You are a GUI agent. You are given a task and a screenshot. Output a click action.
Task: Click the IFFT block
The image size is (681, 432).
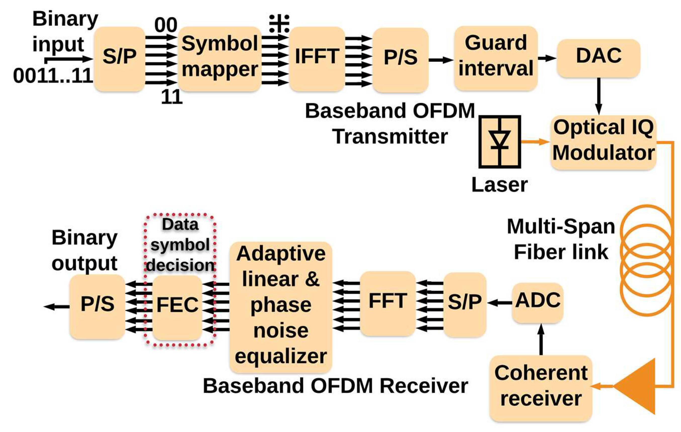[x=317, y=59]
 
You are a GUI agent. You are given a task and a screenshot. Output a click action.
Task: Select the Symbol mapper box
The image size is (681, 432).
[x=220, y=59]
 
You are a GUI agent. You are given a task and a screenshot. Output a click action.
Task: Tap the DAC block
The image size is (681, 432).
[x=598, y=58]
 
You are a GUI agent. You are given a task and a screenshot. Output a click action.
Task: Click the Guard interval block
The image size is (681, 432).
[x=495, y=58]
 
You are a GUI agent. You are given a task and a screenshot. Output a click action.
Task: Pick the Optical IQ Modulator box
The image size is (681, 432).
[x=603, y=142]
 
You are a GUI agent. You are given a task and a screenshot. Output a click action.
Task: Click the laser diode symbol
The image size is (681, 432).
[x=499, y=141]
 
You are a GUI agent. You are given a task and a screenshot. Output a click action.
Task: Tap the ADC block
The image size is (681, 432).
[x=537, y=302]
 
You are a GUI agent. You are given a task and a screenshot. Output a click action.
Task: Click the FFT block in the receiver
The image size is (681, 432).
[x=387, y=303]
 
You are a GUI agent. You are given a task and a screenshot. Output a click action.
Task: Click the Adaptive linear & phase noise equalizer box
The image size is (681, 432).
[x=281, y=306]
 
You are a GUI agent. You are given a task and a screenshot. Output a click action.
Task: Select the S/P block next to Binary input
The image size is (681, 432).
[x=119, y=59]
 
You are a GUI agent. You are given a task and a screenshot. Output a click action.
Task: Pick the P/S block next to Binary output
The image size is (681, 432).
[x=97, y=306]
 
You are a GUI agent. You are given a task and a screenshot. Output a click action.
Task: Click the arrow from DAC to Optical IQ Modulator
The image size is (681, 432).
[x=598, y=96]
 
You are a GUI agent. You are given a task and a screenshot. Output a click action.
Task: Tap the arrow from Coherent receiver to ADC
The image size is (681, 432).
[x=541, y=339]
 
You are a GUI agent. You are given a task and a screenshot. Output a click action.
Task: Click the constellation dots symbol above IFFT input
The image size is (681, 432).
[x=279, y=23]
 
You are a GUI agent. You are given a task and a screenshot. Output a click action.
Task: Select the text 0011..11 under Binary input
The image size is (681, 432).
[x=53, y=76]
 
